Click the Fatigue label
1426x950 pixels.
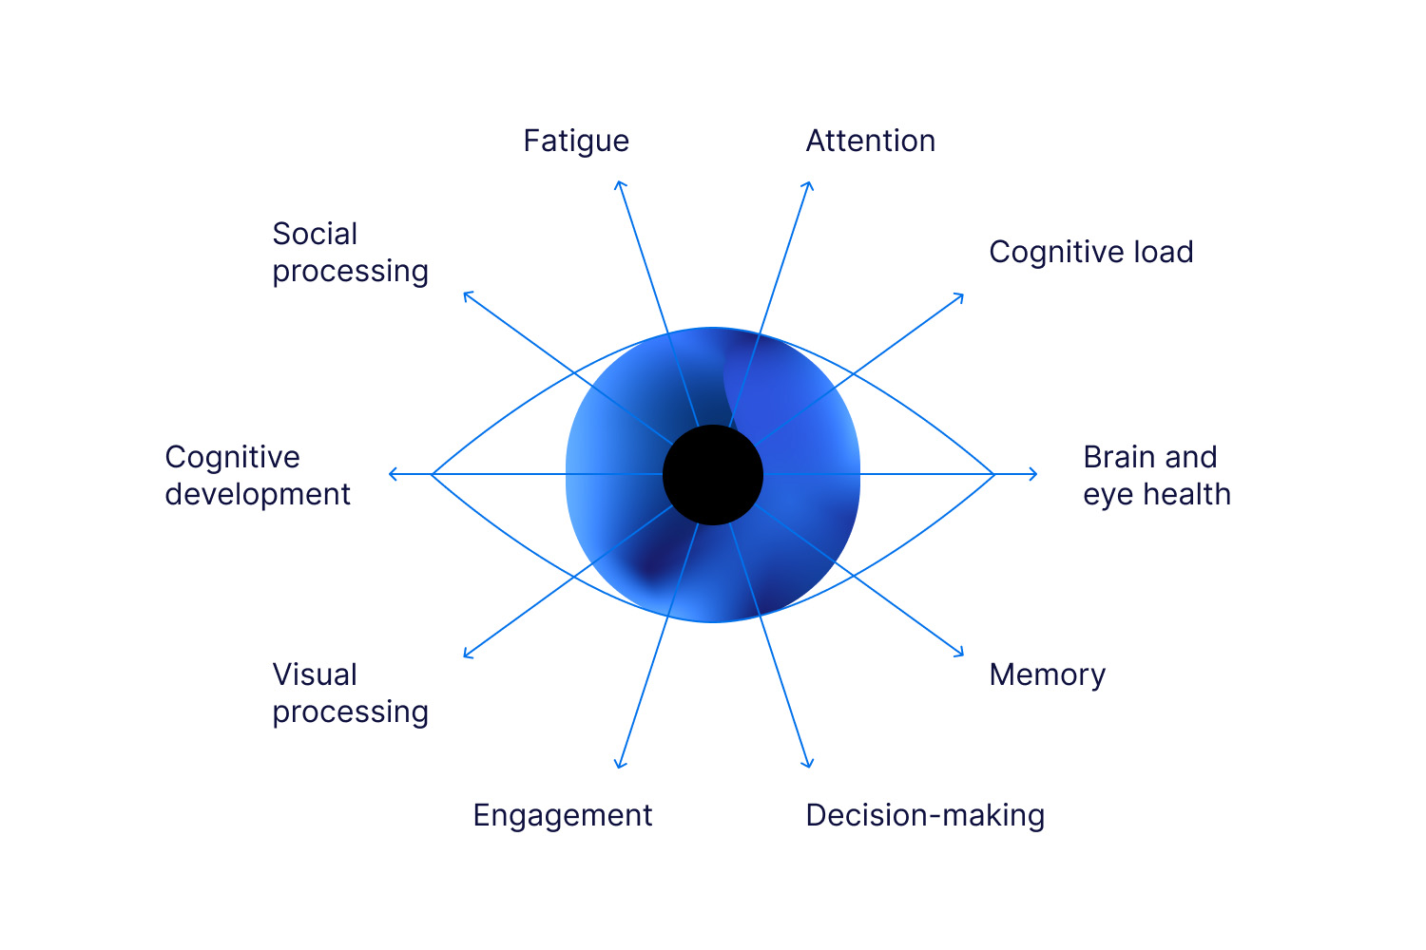[576, 142]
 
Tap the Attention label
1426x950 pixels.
[870, 142]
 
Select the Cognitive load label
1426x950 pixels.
[1090, 253]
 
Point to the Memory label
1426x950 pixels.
[1047, 675]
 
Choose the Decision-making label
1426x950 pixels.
[924, 816]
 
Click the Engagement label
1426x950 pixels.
[562, 816]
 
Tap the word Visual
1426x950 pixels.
[315, 675]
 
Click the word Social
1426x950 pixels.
[315, 235]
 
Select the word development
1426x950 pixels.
[258, 495]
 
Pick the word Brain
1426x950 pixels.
[1119, 458]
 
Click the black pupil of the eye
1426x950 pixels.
[713, 474]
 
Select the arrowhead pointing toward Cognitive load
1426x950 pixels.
[961, 296]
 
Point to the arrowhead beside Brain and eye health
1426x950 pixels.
[1034, 474]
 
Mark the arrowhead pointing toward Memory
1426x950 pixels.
[961, 654]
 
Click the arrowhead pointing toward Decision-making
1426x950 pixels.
[809, 765]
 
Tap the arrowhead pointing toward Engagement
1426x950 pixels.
[619, 765]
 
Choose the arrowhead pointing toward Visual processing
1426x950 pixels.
[466, 655]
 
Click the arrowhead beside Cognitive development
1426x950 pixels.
[392, 474]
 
